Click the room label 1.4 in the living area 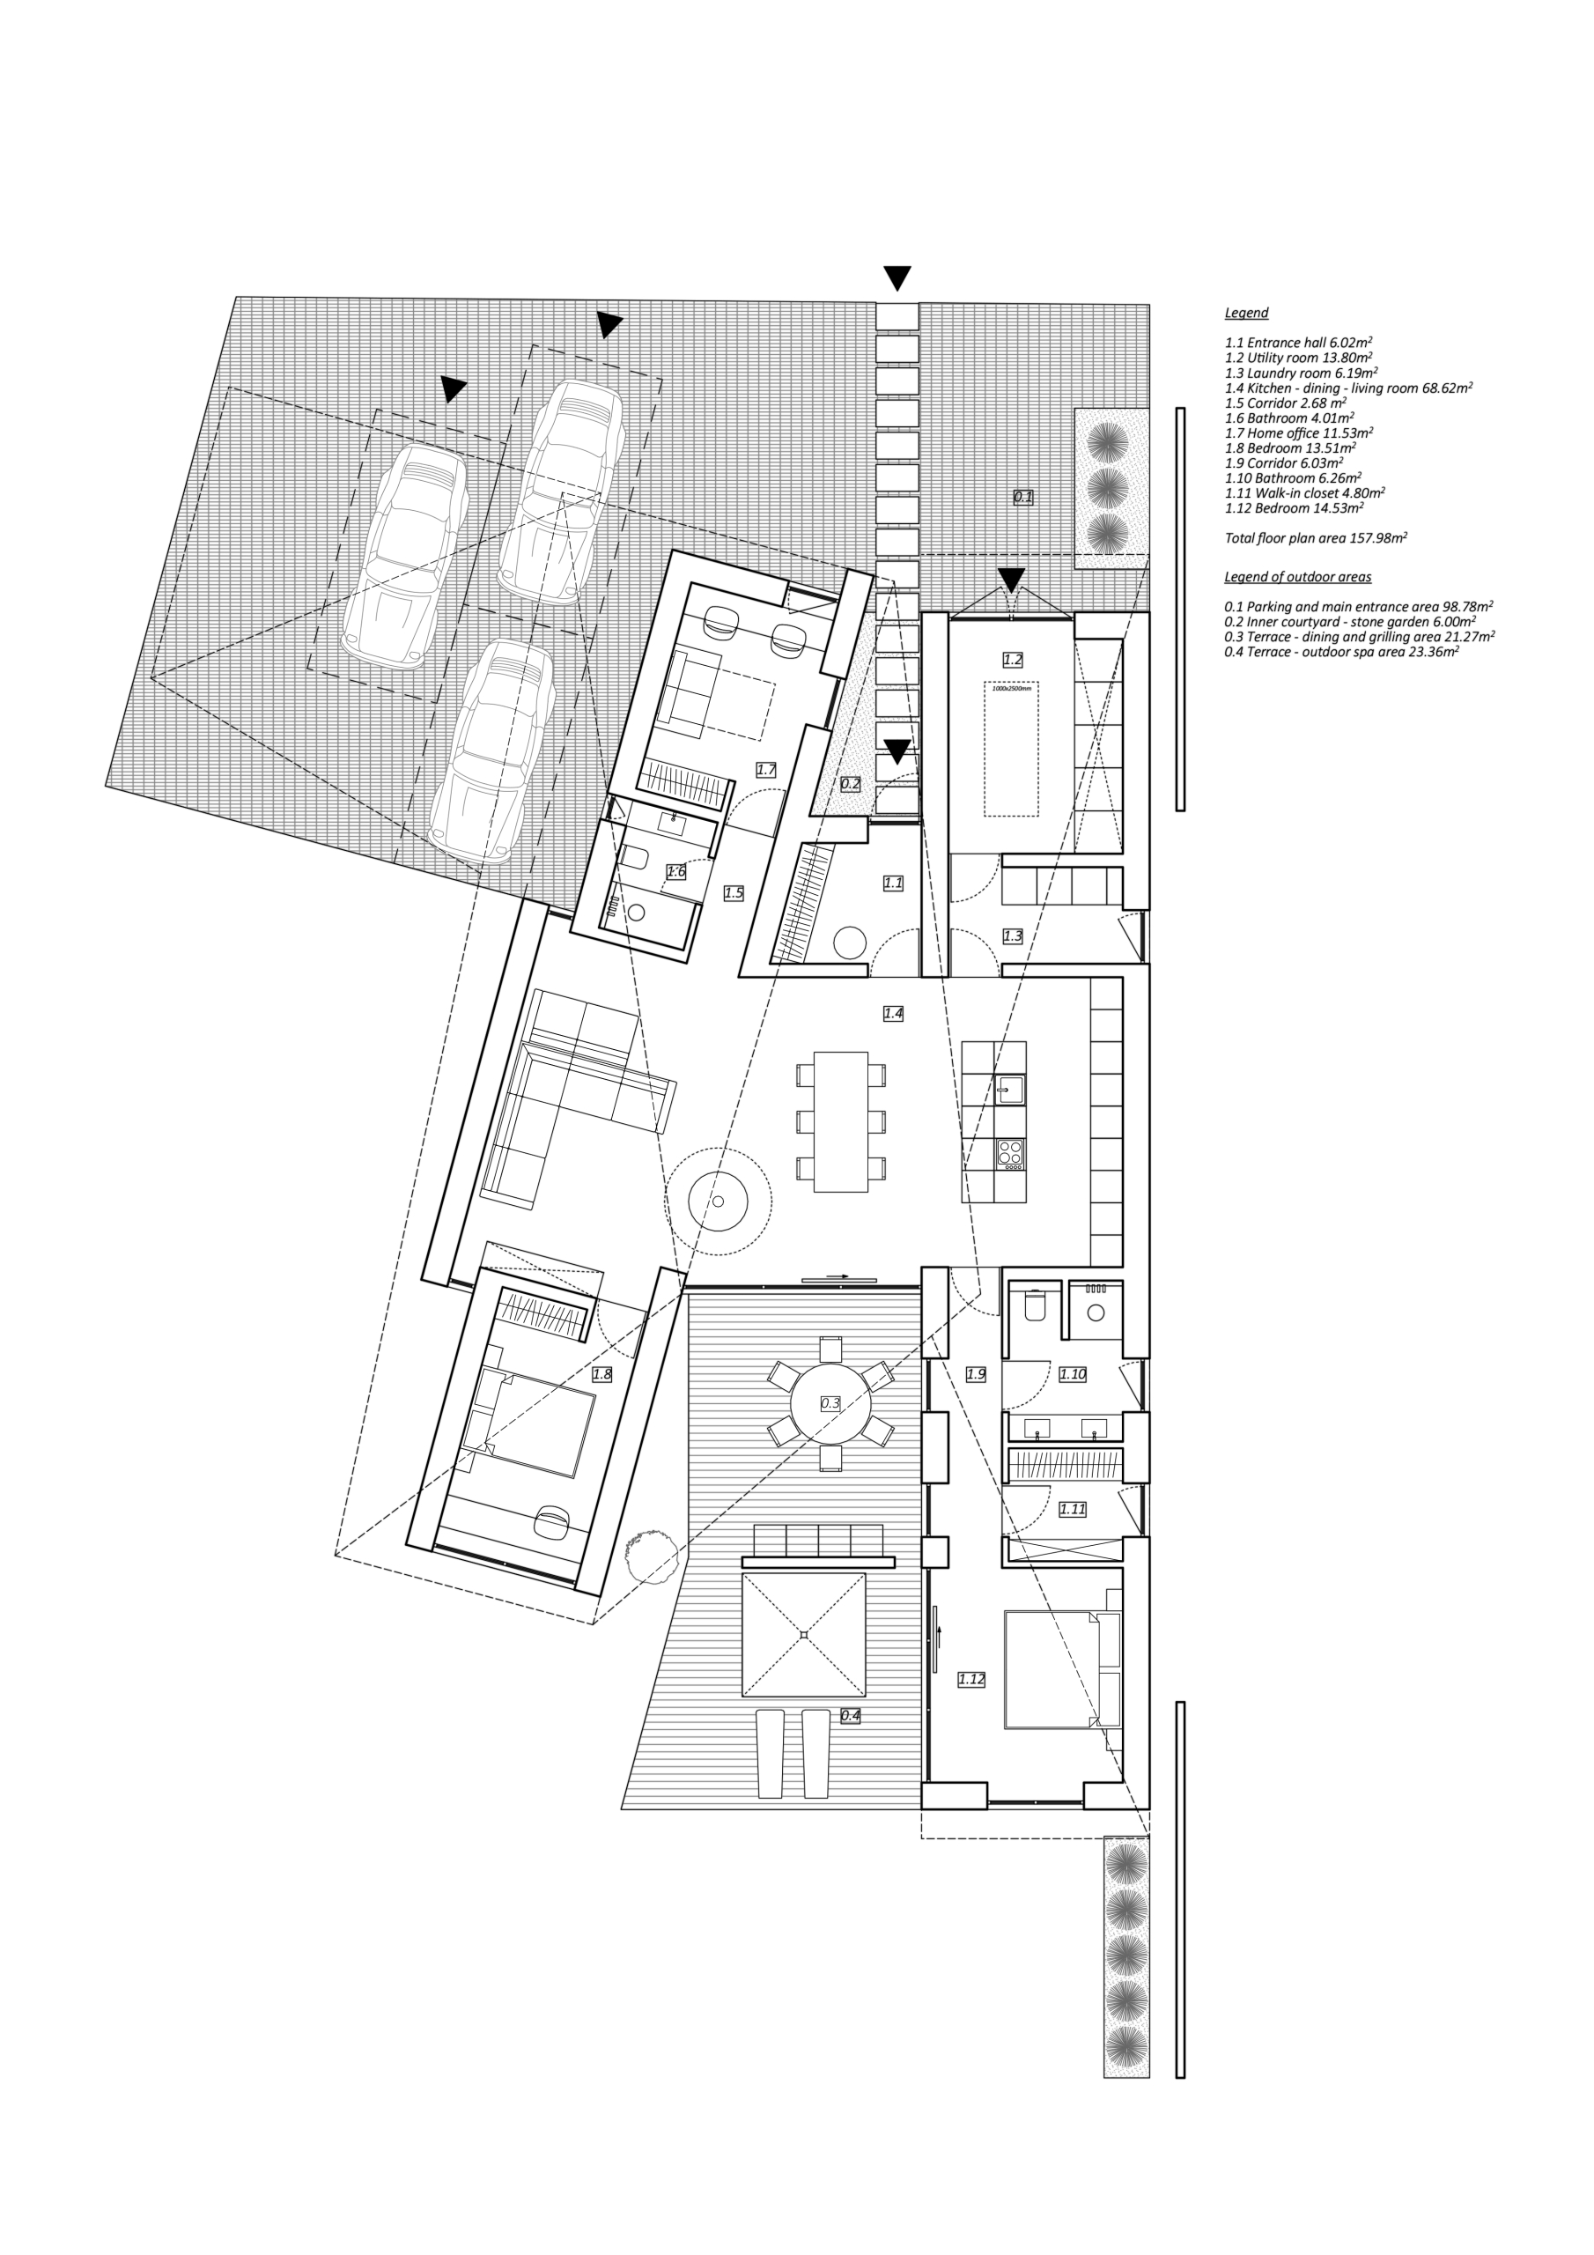[x=893, y=1013]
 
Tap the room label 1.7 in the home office [x=766, y=770]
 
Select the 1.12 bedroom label [x=971, y=1679]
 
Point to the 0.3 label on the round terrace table [x=830, y=1402]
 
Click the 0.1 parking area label [x=1023, y=497]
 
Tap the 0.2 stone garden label [x=851, y=784]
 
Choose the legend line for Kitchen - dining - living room [x=1348, y=388]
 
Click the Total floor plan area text [x=1316, y=538]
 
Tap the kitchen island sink [x=1009, y=1090]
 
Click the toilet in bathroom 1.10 [x=1035, y=1305]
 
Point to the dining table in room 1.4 [x=841, y=1121]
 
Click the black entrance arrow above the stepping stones [x=897, y=278]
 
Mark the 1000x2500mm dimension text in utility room [x=1012, y=689]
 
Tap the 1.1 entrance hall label [x=893, y=883]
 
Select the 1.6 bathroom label [x=675, y=871]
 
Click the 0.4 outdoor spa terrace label [x=851, y=1716]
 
